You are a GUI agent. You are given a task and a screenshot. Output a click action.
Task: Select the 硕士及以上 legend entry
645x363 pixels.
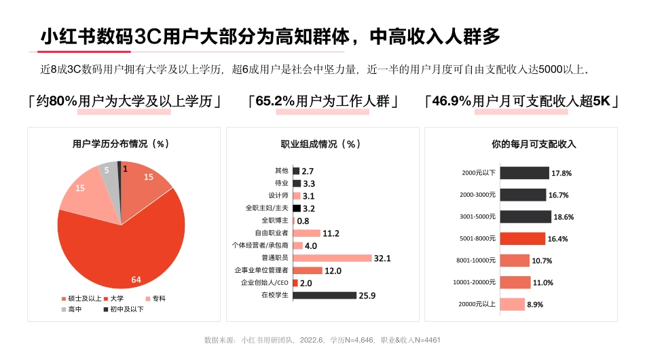coord(81,298)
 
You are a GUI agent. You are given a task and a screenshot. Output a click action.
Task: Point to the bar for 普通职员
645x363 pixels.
coord(332,258)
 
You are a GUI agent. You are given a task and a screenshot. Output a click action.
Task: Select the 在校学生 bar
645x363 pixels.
coord(325,295)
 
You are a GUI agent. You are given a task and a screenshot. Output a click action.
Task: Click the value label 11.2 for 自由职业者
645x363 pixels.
coord(331,233)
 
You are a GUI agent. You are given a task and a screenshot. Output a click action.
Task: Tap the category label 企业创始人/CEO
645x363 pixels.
coord(265,283)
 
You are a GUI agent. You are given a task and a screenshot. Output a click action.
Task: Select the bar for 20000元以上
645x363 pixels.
coord(513,305)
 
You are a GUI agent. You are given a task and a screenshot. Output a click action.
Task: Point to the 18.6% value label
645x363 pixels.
coord(564,217)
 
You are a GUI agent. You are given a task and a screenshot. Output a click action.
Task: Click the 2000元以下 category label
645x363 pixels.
coord(479,173)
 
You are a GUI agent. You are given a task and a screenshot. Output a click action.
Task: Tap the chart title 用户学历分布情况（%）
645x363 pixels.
coord(121,144)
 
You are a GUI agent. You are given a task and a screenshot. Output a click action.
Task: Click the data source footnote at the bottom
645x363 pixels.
coord(322,339)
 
